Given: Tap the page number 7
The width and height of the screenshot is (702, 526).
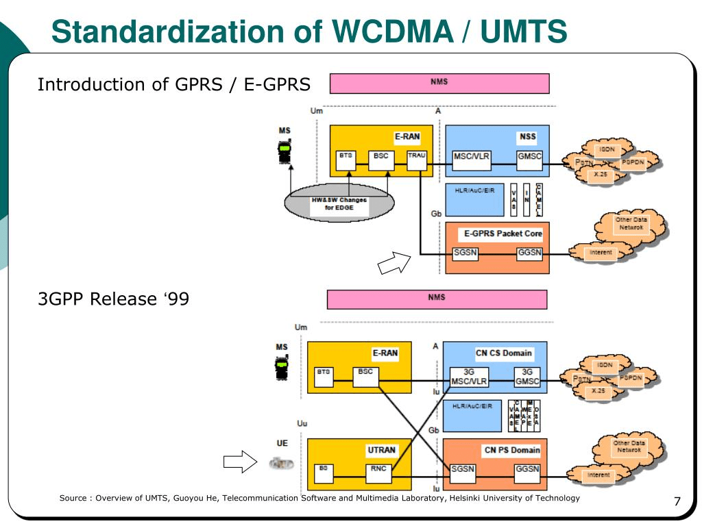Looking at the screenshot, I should (677, 503).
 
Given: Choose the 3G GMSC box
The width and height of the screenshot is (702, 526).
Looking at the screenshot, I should (528, 377).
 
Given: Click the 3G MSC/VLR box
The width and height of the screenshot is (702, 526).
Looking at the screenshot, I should (470, 377).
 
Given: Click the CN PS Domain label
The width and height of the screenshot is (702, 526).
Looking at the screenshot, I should (511, 450).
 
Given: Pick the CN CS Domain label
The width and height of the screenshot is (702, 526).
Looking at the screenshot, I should (503, 353).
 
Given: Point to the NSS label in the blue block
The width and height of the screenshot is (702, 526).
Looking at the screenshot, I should (527, 136).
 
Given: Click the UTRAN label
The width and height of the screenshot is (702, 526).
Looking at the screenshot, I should (381, 450).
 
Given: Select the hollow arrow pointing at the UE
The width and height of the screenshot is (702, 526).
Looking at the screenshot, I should (239, 464).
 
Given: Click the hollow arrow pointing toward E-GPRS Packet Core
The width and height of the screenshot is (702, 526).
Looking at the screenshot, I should (394, 263).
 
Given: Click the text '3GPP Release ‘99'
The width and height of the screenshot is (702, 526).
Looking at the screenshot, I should (112, 299).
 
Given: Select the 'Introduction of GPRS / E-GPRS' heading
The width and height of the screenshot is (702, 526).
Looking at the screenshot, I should (173, 84).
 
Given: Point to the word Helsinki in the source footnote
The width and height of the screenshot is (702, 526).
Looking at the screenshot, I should (464, 498).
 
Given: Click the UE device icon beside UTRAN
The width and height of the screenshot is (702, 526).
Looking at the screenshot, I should (281, 464).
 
